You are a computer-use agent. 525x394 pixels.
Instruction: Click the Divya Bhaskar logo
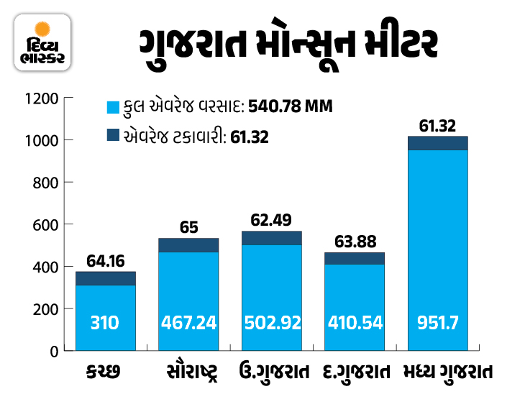point(42,44)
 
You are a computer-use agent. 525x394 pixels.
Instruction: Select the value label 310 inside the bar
point(106,322)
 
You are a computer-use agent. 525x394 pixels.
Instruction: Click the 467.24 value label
point(188,322)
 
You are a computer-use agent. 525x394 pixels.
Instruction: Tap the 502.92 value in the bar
point(271,322)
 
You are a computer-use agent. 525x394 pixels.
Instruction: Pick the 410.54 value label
point(355,322)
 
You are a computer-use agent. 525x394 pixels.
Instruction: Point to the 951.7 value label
point(437,322)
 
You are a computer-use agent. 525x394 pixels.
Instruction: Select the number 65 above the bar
point(188,227)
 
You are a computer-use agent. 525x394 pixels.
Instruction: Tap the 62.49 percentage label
point(271,219)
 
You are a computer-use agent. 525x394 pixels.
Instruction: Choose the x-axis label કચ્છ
point(105,372)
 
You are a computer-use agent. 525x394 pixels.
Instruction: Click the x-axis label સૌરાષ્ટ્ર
point(188,372)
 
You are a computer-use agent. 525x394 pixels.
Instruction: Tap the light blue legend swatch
point(111,108)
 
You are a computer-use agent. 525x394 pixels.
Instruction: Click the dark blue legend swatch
point(111,134)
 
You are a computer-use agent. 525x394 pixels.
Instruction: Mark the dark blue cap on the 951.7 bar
point(437,143)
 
